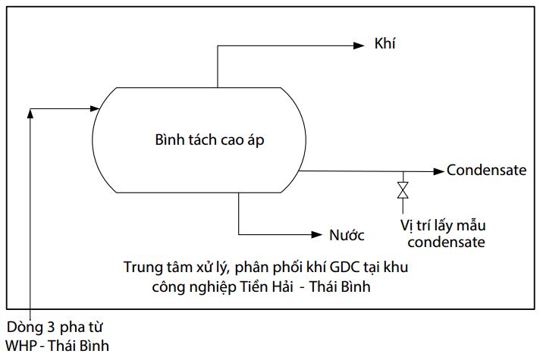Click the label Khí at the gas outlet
click(385, 44)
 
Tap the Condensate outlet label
click(486, 170)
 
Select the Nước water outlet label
click(347, 234)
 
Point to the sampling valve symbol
click(403, 189)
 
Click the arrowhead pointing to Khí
click(359, 45)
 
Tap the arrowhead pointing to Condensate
click(438, 171)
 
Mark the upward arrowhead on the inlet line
click(30, 113)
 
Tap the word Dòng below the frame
click(22, 328)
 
